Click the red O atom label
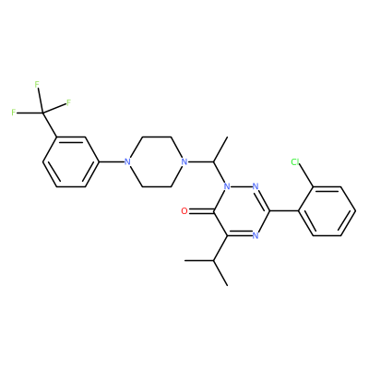click(184, 211)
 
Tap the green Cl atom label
click(295, 161)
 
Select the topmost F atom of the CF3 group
click(37, 84)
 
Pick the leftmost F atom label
click(14, 113)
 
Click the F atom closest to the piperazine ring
click(68, 102)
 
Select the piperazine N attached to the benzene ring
click(127, 161)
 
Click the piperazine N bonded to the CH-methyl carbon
click(184, 161)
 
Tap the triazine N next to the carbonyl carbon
click(227, 186)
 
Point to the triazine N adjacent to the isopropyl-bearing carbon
click(255, 235)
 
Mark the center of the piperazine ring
click(155, 161)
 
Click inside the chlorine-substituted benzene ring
click(327, 211)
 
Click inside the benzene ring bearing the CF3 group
click(70, 161)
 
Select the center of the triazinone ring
click(241, 211)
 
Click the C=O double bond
click(201, 211)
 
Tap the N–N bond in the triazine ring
click(241, 186)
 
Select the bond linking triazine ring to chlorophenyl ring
click(284, 211)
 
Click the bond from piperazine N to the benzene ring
click(112, 161)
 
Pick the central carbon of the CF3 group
click(42, 113)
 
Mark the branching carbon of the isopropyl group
click(213, 260)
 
